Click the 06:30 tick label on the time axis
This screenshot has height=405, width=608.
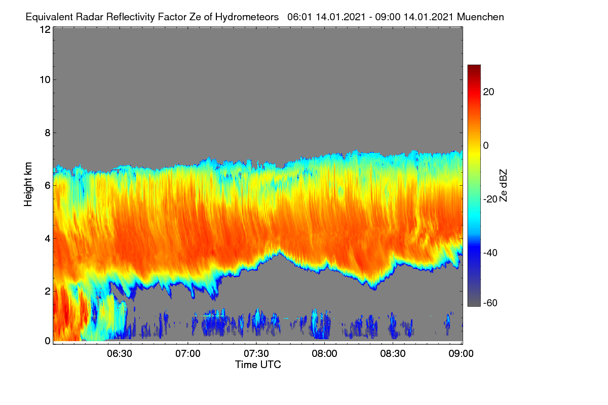[120, 354]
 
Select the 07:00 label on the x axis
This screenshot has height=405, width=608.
[188, 354]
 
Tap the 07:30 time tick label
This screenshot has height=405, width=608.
[256, 354]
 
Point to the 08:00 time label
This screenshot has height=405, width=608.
[324, 354]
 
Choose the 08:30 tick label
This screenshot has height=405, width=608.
[393, 354]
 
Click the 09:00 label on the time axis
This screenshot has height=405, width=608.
[461, 354]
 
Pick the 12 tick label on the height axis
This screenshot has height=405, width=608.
[45, 29]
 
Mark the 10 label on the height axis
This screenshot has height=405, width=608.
[45, 80]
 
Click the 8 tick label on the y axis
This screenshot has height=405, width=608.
[48, 133]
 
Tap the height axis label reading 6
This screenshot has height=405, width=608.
[48, 186]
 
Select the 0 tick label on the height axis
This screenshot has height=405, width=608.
[48, 341]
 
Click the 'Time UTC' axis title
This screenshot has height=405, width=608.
[258, 364]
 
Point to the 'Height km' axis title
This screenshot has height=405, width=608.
[28, 184]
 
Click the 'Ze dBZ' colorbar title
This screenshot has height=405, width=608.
[503, 186]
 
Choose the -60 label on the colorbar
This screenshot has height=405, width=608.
[490, 303]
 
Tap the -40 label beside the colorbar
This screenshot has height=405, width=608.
[490, 253]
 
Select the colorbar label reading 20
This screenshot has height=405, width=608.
[488, 92]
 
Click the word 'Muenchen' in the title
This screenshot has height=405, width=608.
[480, 17]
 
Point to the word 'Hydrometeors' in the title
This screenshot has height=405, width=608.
[247, 17]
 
